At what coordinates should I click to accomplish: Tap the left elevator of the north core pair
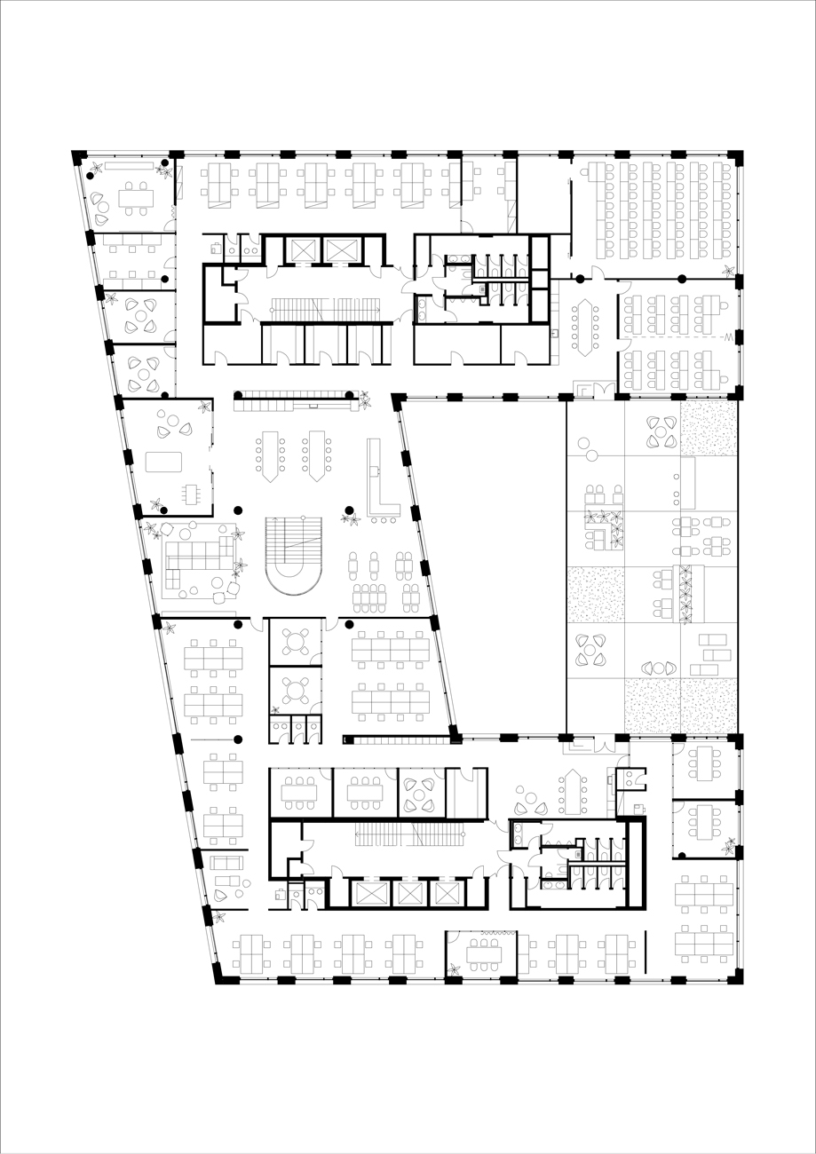click(295, 250)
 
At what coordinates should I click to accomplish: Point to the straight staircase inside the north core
click(324, 309)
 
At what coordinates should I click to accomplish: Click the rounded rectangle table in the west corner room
click(163, 462)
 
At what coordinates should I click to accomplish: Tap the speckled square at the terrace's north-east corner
click(709, 428)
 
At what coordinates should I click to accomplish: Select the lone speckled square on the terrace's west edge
click(596, 594)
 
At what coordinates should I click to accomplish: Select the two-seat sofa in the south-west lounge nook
click(226, 863)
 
